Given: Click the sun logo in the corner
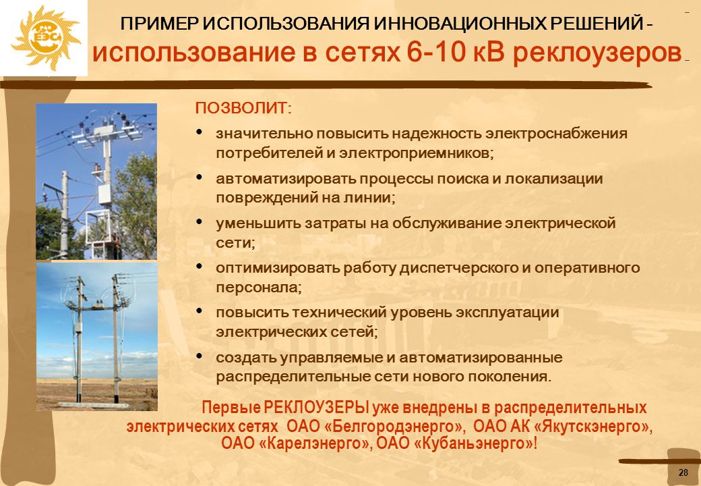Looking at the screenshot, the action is (x=44, y=38).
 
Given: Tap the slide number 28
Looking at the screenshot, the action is (x=683, y=473).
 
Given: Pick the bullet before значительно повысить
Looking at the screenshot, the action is (x=200, y=132).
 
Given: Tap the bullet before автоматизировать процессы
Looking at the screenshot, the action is (x=200, y=177).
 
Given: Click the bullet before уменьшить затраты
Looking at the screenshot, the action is (x=200, y=221).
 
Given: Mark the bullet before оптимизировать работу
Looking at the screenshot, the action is (x=200, y=266).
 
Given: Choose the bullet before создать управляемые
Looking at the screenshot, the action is (x=200, y=356).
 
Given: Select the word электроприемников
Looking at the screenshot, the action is (x=415, y=153).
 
